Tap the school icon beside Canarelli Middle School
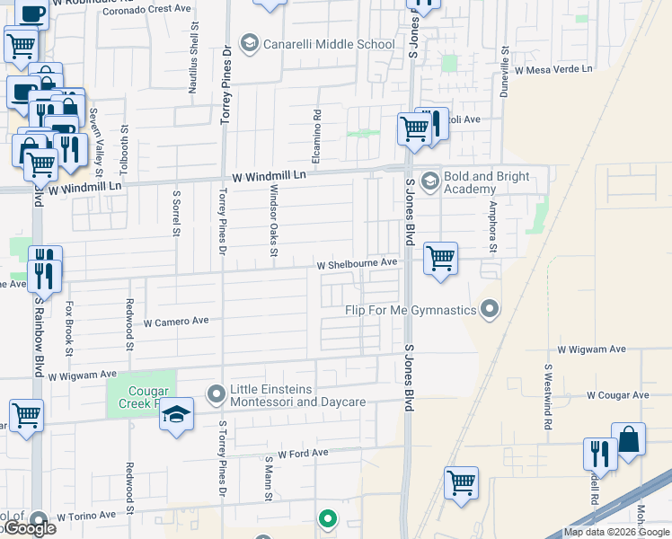click(250, 44)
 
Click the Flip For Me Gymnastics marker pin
click(490, 310)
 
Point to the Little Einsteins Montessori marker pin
click(216, 393)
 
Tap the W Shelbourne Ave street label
click(357, 264)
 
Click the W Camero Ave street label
click(175, 321)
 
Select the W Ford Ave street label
click(303, 454)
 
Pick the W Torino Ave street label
click(86, 516)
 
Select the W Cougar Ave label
click(617, 394)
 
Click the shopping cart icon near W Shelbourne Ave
click(440, 258)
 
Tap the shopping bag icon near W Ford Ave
click(629, 439)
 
